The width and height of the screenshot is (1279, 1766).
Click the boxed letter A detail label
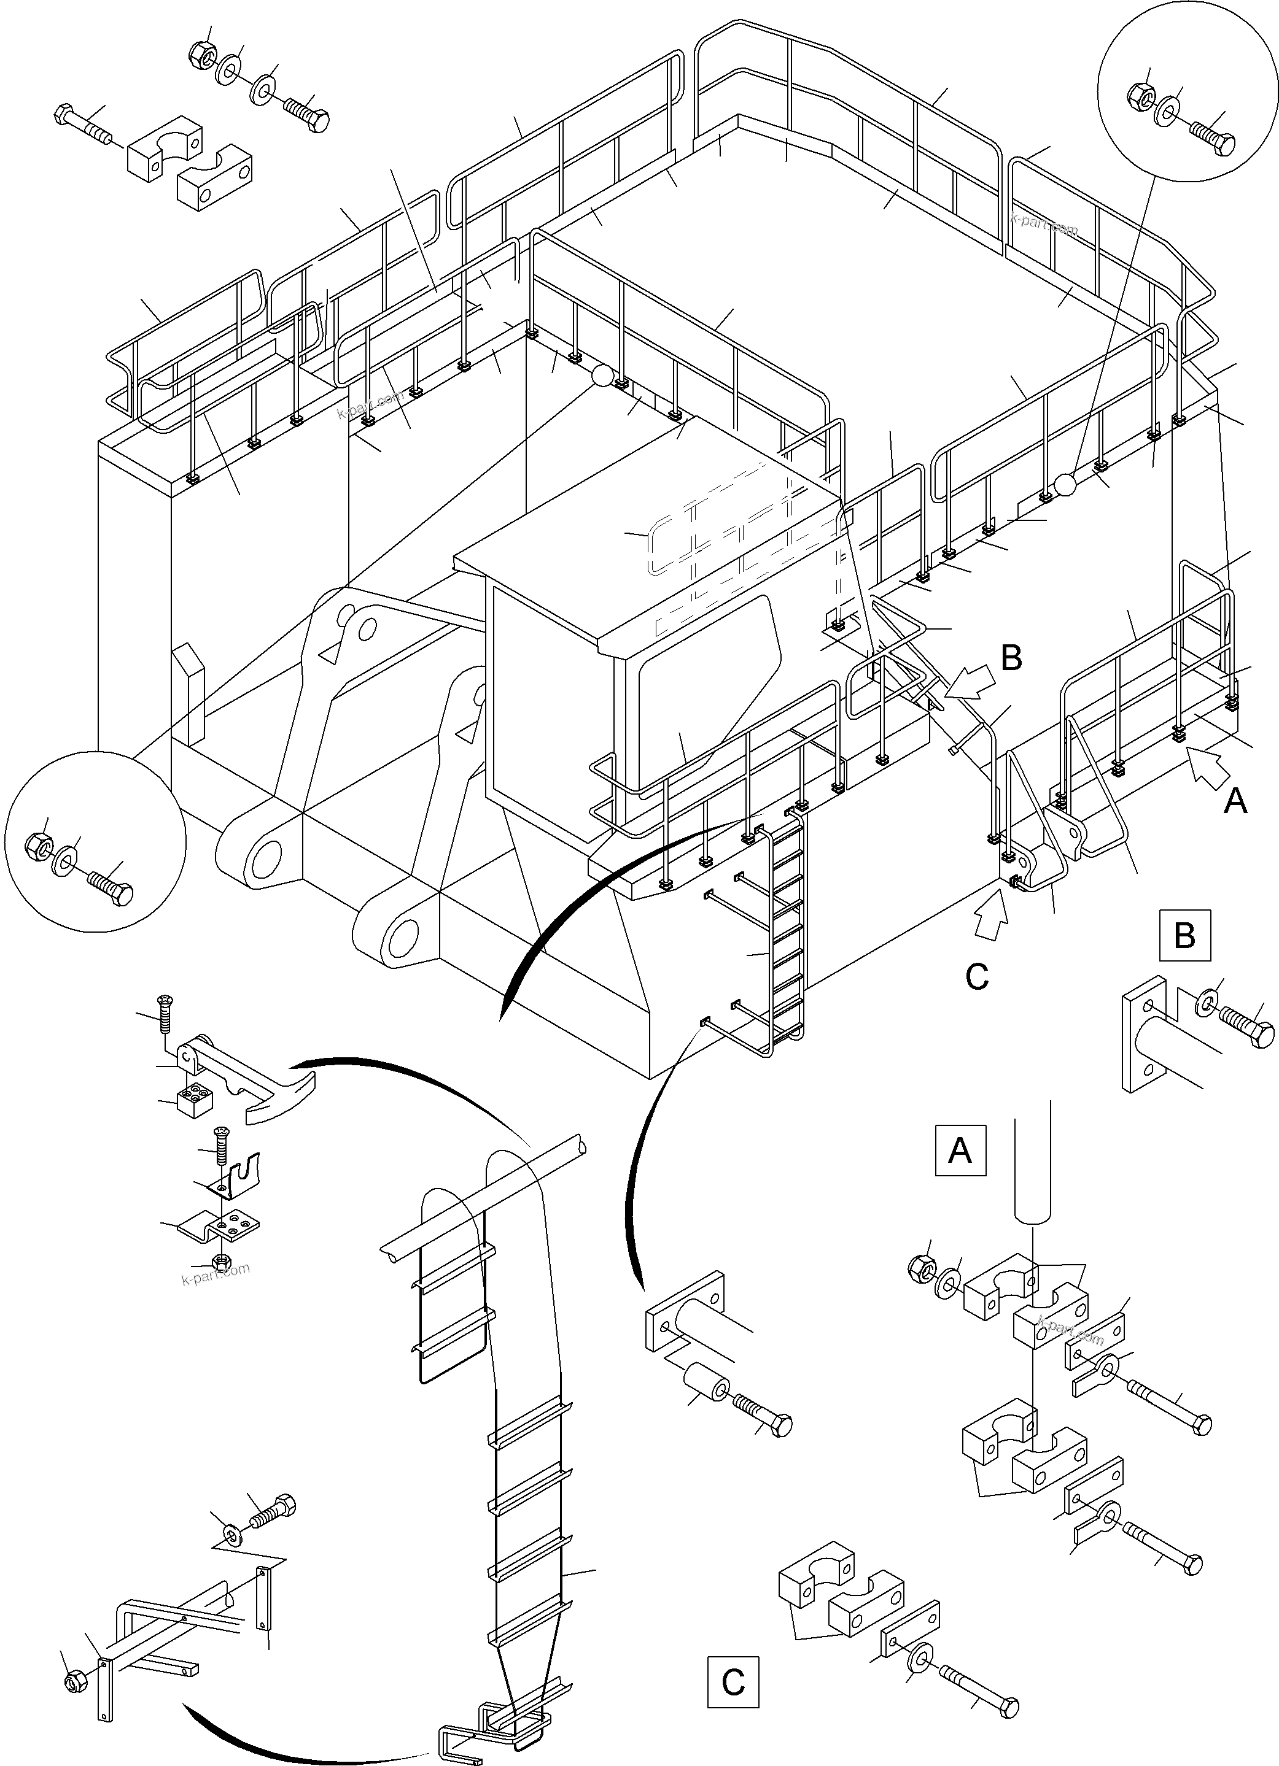click(x=960, y=1149)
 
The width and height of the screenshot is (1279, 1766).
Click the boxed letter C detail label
click(x=732, y=1682)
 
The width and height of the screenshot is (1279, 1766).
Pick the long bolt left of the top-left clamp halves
click(x=84, y=125)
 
